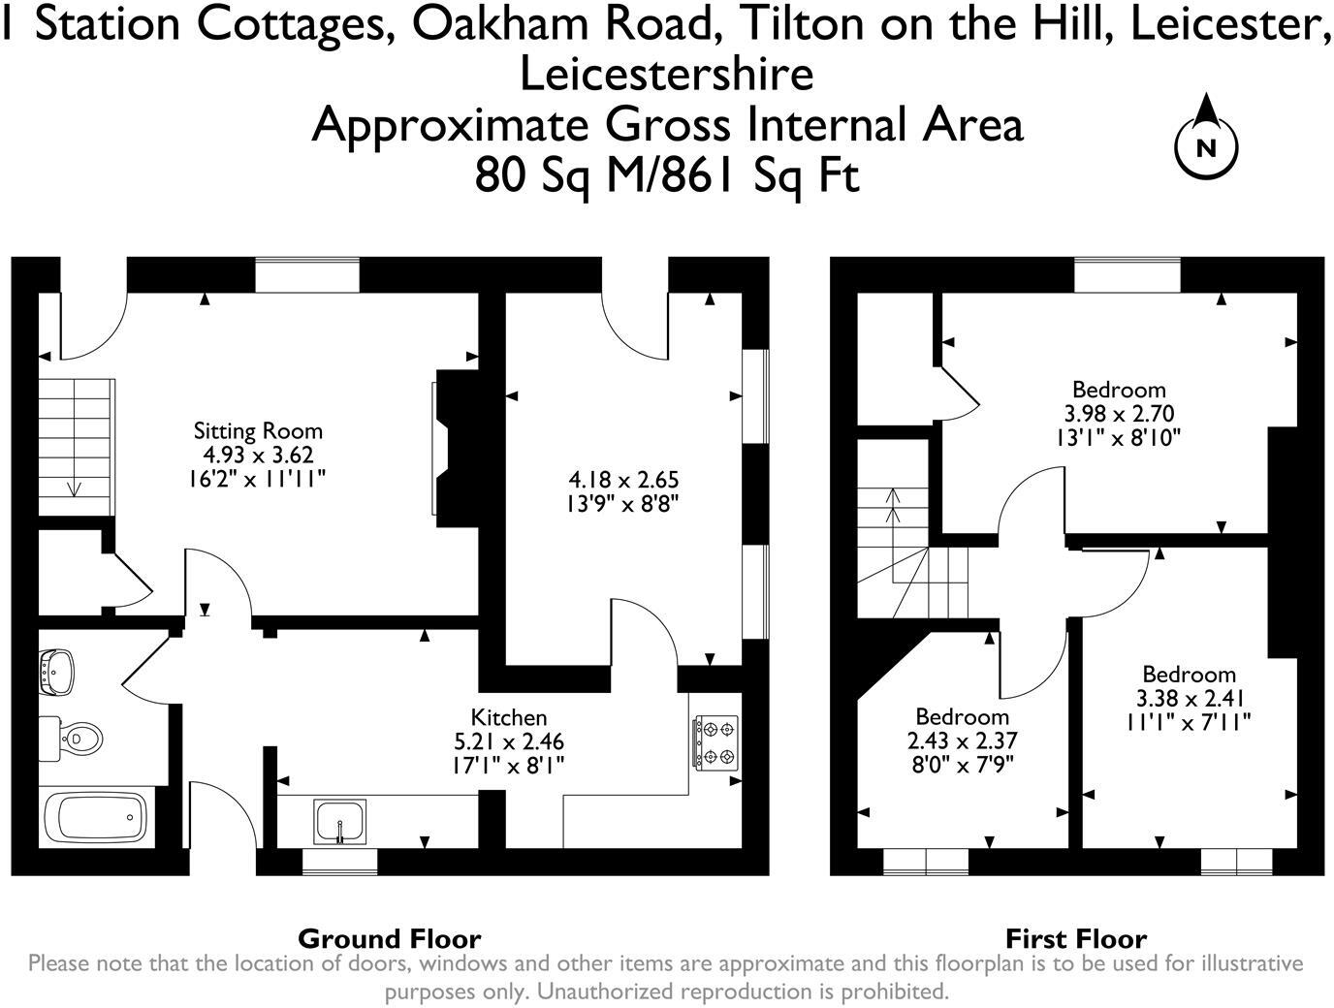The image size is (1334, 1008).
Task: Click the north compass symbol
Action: pyautogui.click(x=1206, y=146)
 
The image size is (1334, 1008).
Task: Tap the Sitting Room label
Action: pyautogui.click(x=258, y=430)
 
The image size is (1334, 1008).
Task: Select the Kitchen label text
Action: pyautogui.click(x=509, y=717)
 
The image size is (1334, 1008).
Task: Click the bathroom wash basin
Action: pyautogui.click(x=56, y=672)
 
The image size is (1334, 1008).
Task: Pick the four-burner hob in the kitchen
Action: pyautogui.click(x=715, y=742)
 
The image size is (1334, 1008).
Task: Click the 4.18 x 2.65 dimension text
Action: pyautogui.click(x=623, y=480)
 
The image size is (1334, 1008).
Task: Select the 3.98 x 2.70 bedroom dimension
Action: pyautogui.click(x=1119, y=414)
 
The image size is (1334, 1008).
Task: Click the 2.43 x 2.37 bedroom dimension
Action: pyautogui.click(x=962, y=741)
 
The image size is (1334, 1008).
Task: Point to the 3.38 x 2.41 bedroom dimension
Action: pyautogui.click(x=1189, y=698)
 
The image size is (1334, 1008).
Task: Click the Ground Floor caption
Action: pyautogui.click(x=389, y=938)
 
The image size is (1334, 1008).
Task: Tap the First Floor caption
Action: pyautogui.click(x=1075, y=938)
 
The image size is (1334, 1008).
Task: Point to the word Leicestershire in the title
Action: pyautogui.click(x=667, y=75)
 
